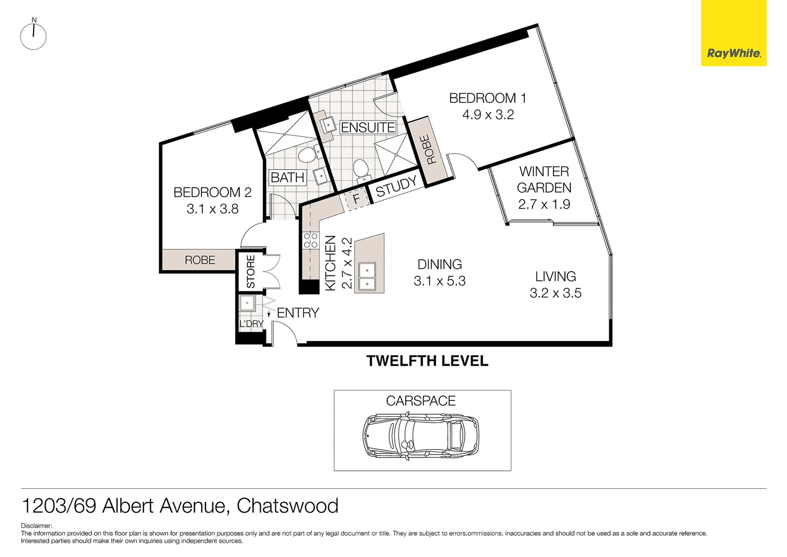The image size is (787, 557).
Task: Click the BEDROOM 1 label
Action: [488, 98]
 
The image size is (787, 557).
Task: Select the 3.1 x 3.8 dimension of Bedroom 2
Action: [212, 209]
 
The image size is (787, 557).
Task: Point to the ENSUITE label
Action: [367, 127]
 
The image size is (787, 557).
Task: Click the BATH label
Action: [287, 177]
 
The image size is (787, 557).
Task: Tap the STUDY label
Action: [396, 187]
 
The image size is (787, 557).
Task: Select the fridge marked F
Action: [356, 199]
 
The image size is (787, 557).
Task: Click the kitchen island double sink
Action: [366, 276]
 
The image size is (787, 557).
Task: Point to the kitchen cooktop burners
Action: [310, 241]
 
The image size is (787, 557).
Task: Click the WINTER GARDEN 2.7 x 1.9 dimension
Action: [544, 204]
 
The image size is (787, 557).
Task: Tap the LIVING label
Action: [555, 276]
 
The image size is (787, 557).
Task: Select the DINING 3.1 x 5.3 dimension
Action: [439, 281]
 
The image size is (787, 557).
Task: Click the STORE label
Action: [250, 272]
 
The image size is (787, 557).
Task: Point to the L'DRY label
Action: [252, 324]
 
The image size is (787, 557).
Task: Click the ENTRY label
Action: [298, 313]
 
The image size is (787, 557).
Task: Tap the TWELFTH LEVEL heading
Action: [427, 361]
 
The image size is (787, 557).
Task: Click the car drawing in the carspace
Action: [421, 437]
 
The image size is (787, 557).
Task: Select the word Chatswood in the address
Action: [287, 506]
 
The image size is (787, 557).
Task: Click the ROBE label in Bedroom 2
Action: [200, 260]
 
